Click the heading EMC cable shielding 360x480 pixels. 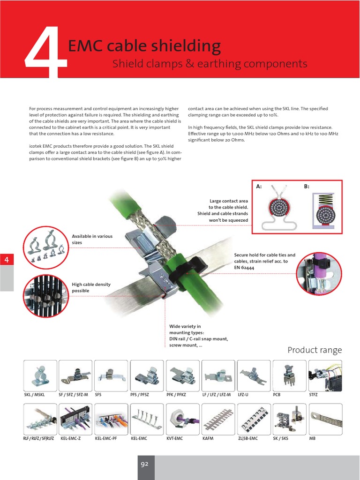(144, 46)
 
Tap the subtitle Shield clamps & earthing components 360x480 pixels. (210, 64)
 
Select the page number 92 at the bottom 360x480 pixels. (144, 464)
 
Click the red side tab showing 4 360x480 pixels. (7, 259)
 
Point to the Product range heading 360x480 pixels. (315, 350)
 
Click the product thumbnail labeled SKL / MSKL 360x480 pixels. (40, 375)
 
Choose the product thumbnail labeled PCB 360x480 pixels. (289, 375)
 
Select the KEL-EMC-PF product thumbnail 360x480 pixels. (111, 419)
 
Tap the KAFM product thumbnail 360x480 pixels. (218, 419)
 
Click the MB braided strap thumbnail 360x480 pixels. (325, 419)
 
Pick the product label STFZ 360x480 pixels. (313, 395)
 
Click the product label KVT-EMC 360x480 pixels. (174, 438)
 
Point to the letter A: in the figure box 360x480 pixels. (259, 187)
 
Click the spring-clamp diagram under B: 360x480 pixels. (322, 210)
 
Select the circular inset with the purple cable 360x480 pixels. (319, 273)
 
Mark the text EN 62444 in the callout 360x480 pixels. (245, 267)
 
